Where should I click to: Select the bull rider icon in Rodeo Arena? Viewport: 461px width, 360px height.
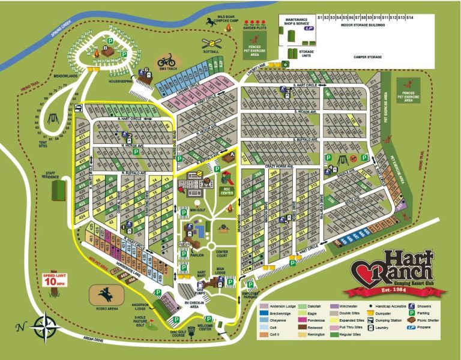click(x=107, y=295)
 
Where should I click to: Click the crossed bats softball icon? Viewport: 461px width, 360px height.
click(x=211, y=44)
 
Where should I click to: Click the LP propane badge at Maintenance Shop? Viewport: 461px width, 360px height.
click(x=309, y=28)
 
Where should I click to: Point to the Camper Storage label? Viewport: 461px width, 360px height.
click(x=368, y=58)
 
